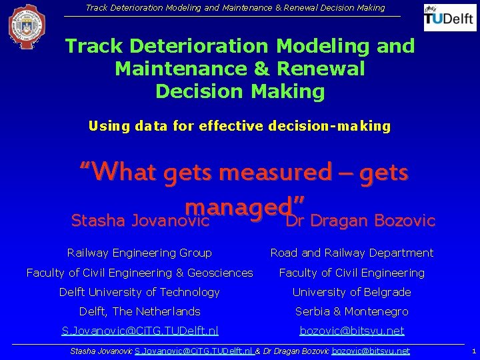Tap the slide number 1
[x=473, y=351]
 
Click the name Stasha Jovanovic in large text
[x=141, y=221]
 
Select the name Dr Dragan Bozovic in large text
[x=360, y=221]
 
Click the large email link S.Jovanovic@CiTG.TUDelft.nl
[x=139, y=331]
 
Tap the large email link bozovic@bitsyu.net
[x=352, y=331]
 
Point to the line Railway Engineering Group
[x=139, y=253]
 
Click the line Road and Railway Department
[x=351, y=253]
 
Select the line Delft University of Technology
[x=139, y=292]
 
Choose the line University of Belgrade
[x=351, y=292]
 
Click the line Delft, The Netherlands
[x=139, y=311]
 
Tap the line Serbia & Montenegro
[x=351, y=311]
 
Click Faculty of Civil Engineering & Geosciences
[x=139, y=273]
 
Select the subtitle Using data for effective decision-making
[x=239, y=126]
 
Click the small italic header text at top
[x=235, y=8]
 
